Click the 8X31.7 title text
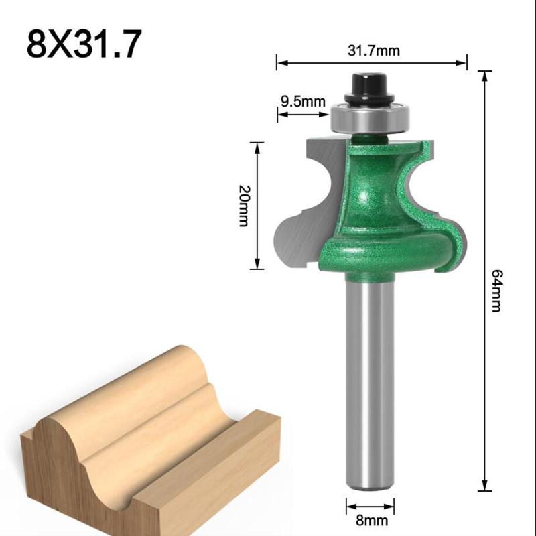(x=84, y=43)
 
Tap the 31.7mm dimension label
(x=372, y=50)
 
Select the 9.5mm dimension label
(x=302, y=103)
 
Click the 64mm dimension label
(x=496, y=289)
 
